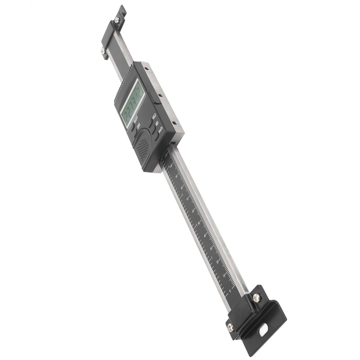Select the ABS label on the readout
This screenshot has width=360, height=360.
pyautogui.click(x=157, y=124)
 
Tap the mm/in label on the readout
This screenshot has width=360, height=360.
pyautogui.click(x=160, y=131)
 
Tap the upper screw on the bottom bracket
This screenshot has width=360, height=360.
pyautogui.click(x=256, y=297)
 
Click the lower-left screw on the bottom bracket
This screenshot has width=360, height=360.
pyautogui.click(x=230, y=327)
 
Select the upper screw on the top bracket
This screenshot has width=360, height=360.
pyautogui.click(x=117, y=19)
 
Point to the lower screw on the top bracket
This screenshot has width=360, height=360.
pyautogui.click(x=103, y=52)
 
